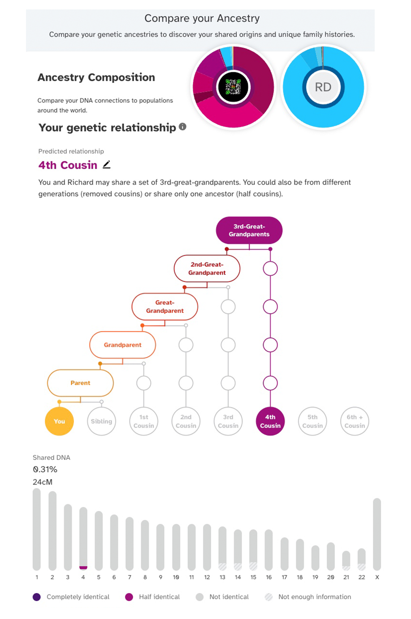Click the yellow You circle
[x=59, y=421]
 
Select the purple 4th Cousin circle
[x=270, y=421]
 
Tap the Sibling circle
[x=101, y=421]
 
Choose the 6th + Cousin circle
[x=355, y=421]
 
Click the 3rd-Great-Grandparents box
[x=249, y=230]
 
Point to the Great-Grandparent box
[x=165, y=306]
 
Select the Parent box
[x=80, y=383]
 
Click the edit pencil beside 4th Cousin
[x=107, y=165]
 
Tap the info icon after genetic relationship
[x=182, y=126]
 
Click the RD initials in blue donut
[x=323, y=87]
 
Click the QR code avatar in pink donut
[x=233, y=87]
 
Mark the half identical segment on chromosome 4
[x=83, y=567]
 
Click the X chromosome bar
[x=377, y=534]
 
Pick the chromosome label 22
[x=362, y=577]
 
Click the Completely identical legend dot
[x=37, y=597]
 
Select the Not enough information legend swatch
[x=268, y=597]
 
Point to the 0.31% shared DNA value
[x=45, y=469]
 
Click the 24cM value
[x=43, y=482]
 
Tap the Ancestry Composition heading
[x=96, y=77]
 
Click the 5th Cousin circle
[x=312, y=421]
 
